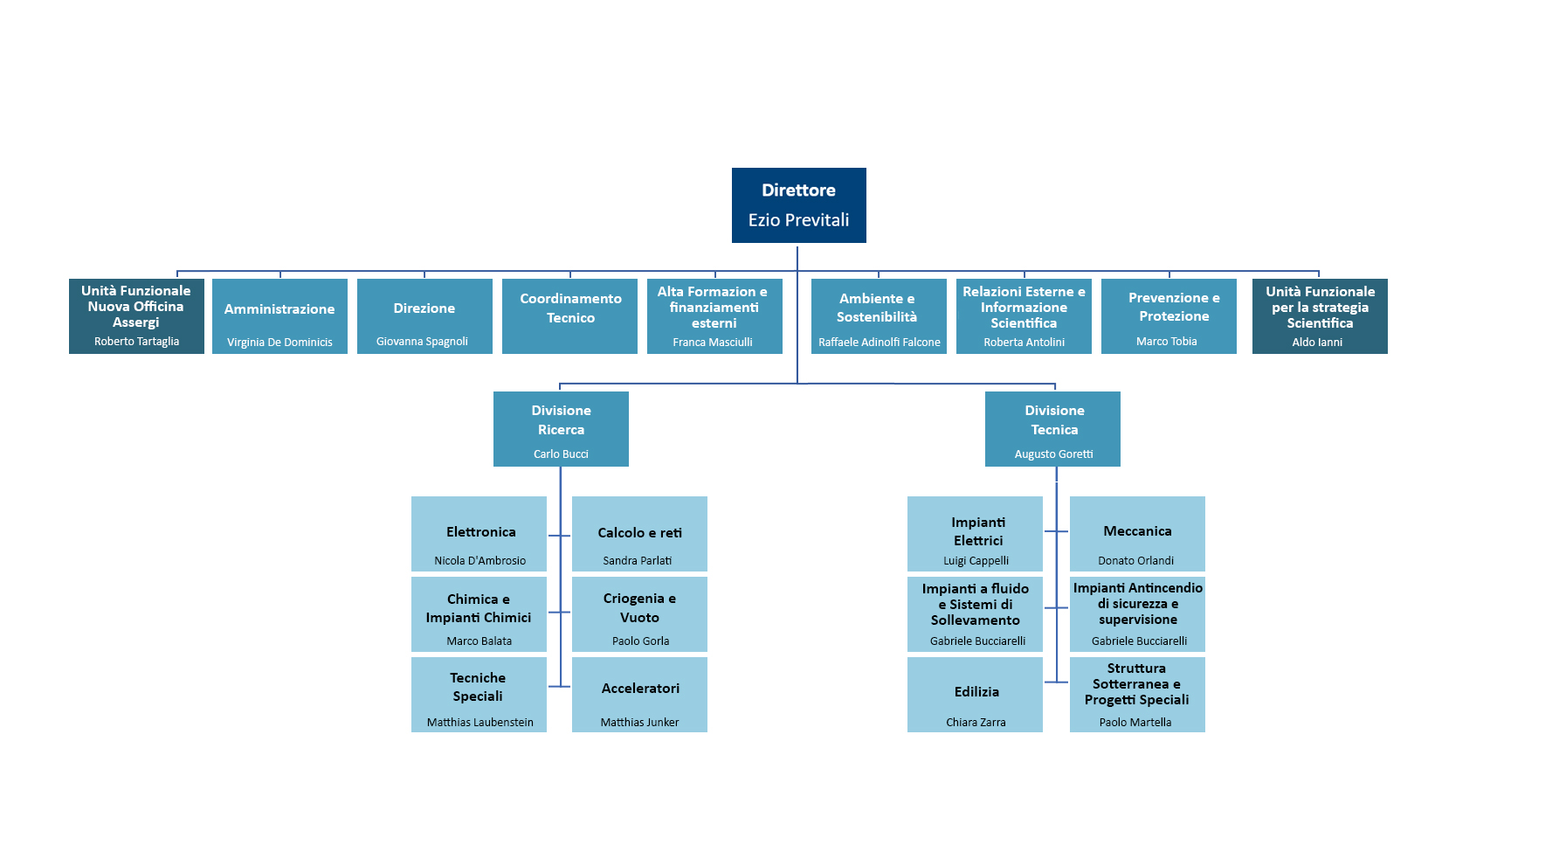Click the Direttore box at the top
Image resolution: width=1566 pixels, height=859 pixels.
(x=798, y=205)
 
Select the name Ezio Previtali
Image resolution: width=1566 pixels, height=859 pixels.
(x=798, y=220)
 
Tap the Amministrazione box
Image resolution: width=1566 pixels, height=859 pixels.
(x=279, y=316)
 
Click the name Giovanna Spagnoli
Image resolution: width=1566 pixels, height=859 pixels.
(x=422, y=342)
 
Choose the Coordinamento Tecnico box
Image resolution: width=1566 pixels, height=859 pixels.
(x=569, y=316)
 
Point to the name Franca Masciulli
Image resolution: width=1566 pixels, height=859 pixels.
(x=713, y=343)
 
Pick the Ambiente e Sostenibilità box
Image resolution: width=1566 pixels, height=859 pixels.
(x=879, y=316)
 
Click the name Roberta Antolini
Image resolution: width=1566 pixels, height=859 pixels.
(x=1024, y=343)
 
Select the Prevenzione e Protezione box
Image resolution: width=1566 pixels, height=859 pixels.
(x=1169, y=316)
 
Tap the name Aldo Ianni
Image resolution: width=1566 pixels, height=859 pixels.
(x=1317, y=343)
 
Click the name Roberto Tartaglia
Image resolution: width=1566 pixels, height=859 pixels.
(x=136, y=342)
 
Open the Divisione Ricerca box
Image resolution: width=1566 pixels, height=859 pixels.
(x=561, y=429)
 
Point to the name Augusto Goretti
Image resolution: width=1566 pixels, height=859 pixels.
(x=1053, y=454)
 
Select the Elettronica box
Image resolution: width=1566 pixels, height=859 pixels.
(x=479, y=534)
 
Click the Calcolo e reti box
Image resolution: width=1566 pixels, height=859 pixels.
(x=639, y=534)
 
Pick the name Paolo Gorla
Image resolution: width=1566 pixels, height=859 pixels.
(x=640, y=641)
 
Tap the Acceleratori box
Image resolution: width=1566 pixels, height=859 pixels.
(x=639, y=695)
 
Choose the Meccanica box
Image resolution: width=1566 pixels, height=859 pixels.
(x=1137, y=534)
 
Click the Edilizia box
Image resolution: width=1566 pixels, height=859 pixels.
(x=975, y=695)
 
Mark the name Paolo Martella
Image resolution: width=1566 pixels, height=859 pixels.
(x=1135, y=723)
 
